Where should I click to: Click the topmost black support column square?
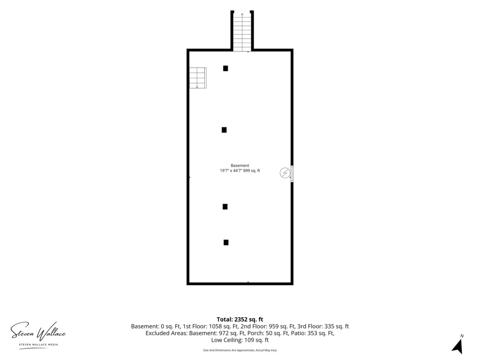(225, 68)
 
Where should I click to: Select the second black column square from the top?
(224, 130)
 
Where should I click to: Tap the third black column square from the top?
(225, 207)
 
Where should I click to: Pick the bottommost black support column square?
(226, 242)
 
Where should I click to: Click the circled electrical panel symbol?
(285, 173)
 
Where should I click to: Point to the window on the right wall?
(292, 174)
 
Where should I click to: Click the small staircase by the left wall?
(198, 78)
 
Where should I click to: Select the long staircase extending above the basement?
(242, 31)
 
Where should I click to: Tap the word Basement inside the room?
(240, 165)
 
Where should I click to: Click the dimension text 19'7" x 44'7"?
(231, 171)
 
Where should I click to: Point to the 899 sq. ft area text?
(252, 171)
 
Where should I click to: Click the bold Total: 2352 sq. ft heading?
(240, 319)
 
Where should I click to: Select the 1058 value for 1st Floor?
(216, 326)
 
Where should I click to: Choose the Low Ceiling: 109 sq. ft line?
(240, 340)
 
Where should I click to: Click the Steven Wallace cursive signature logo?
(38, 332)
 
